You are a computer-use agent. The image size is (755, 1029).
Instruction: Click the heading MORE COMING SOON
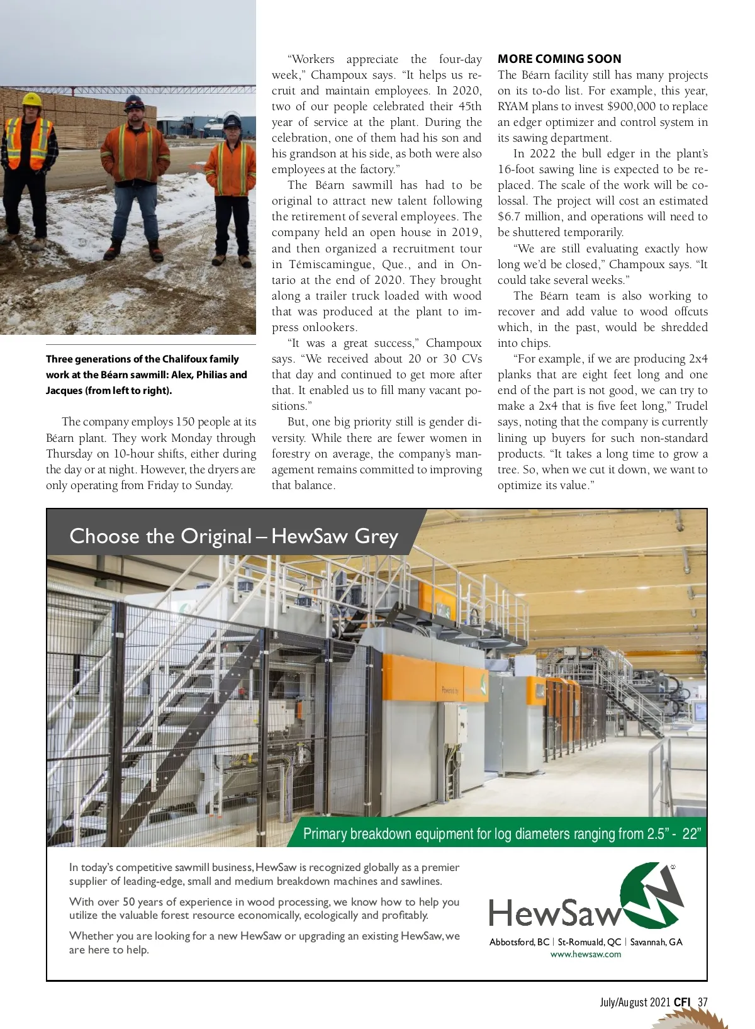pos(559,59)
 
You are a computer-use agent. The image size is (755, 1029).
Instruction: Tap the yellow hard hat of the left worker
pos(31,99)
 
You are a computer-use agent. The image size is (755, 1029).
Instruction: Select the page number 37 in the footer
pos(703,1002)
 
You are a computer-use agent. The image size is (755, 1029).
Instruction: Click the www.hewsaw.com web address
pos(585,954)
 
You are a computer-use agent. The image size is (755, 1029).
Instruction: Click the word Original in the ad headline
pos(215,536)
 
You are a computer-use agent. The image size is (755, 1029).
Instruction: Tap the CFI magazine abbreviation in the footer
pos(682,1002)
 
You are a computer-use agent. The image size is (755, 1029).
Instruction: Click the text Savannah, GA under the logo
pos(656,942)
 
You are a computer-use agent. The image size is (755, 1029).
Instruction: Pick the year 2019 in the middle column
pos(466,232)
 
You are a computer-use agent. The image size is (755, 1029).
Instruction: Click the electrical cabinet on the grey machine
pos(452,724)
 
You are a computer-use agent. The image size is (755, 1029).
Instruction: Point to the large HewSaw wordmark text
pos(554,913)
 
